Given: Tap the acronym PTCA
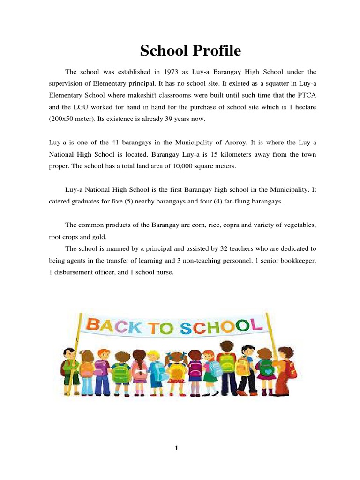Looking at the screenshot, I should point(305,96).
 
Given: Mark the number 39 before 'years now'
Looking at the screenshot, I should point(160,119).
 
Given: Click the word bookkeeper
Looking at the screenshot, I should point(297,260).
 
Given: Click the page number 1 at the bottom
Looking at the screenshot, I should point(177,449).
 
